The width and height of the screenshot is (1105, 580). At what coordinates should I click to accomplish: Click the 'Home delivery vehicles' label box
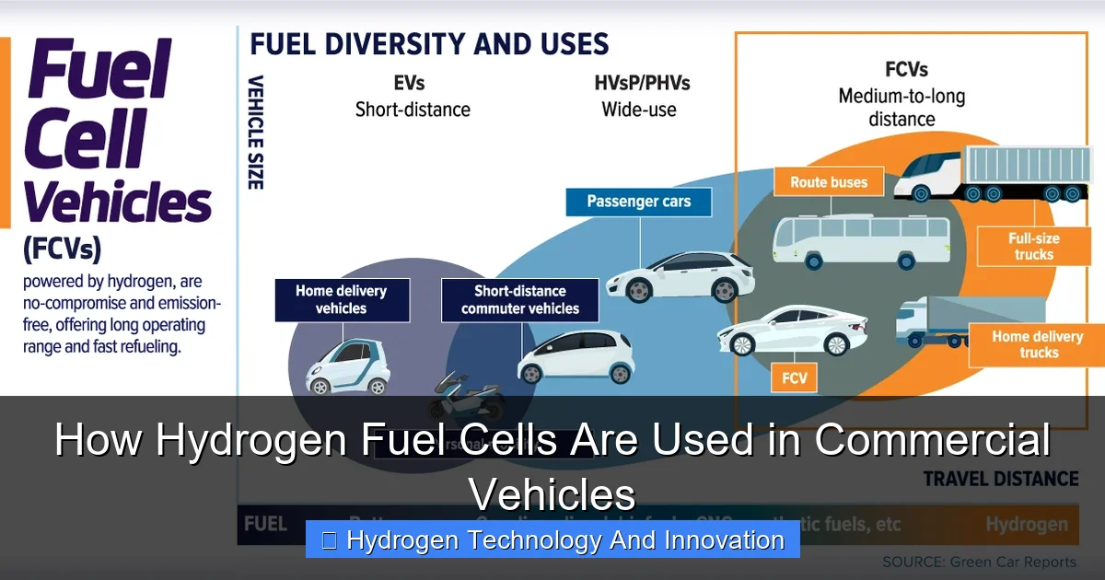tap(342, 299)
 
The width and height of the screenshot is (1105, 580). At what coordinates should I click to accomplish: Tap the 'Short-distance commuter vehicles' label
tap(520, 299)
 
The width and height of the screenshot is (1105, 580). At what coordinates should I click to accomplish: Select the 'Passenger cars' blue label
tap(638, 202)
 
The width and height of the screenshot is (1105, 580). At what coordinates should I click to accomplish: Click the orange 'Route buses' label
tap(828, 182)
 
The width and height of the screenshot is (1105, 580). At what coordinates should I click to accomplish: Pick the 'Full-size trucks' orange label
tap(1033, 246)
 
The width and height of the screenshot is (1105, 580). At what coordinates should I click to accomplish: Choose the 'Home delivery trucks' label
tap(1038, 344)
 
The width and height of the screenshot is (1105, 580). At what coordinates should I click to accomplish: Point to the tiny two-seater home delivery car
tap(348, 365)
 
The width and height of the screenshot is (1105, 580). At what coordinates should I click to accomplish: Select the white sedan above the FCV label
tap(794, 331)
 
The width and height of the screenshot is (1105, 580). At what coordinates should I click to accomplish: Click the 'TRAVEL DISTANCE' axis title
tap(1000, 478)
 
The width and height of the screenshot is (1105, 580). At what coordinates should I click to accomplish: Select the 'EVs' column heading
tap(412, 83)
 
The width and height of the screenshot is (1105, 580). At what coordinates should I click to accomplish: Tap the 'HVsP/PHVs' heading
tap(641, 83)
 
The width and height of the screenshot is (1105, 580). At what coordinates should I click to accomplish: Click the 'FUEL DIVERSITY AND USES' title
tap(429, 43)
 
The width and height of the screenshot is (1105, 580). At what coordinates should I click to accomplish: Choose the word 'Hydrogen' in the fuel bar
tap(1026, 525)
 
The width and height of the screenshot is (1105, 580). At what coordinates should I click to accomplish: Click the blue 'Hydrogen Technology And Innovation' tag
tap(552, 539)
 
